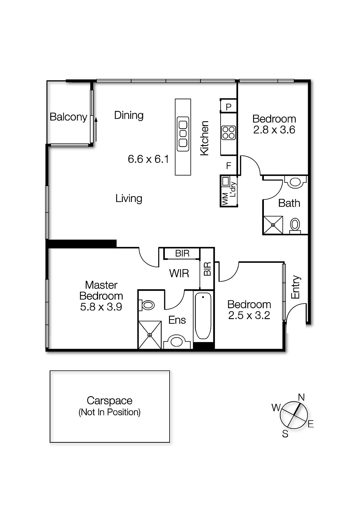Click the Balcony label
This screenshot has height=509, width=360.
(x=68, y=117)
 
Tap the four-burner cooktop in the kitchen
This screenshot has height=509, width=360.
(x=228, y=133)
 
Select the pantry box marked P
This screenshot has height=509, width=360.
(x=228, y=107)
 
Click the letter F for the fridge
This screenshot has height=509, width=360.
(x=228, y=166)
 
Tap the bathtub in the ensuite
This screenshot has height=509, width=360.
(x=203, y=316)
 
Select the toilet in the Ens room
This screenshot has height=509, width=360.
(x=147, y=305)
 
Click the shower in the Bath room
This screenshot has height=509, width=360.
(x=273, y=225)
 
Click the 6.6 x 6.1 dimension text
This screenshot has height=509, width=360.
(x=148, y=159)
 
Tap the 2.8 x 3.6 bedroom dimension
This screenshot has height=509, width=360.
(x=274, y=130)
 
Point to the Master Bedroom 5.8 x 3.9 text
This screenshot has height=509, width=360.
(x=101, y=296)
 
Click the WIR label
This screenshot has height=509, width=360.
(x=179, y=273)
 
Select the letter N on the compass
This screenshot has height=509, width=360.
(x=301, y=397)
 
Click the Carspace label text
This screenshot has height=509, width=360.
(x=109, y=401)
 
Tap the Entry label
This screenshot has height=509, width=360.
(x=296, y=287)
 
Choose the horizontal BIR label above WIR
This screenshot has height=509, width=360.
(x=182, y=254)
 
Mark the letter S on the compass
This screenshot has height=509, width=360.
(x=285, y=434)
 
